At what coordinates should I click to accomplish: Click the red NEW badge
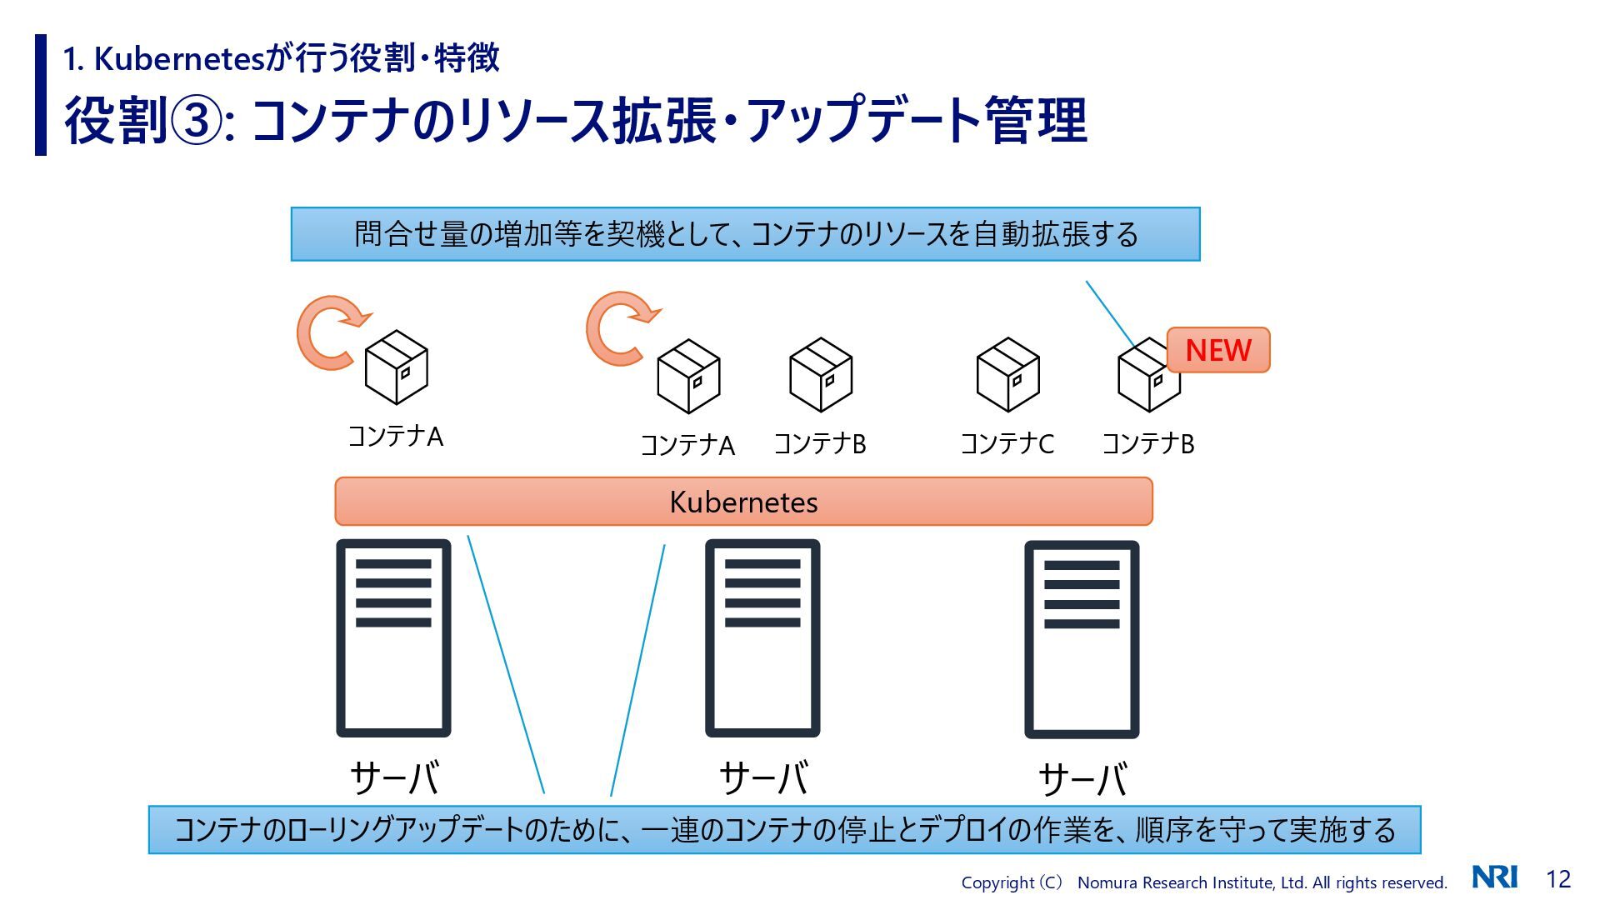coord(1217,350)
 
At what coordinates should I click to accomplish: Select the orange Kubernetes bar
coord(743,502)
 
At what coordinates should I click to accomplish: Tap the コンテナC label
coord(1007,443)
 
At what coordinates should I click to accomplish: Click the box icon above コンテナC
coord(1007,375)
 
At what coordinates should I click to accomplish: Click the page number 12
coord(1558,878)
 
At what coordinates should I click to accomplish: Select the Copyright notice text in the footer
coord(1203,882)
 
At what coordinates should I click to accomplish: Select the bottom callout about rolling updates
coord(784,830)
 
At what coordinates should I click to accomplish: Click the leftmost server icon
coord(393,638)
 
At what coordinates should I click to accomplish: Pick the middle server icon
coord(762,638)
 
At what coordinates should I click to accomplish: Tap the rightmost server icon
coord(1082,639)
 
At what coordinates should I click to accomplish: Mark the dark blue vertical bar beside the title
coord(41,95)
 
